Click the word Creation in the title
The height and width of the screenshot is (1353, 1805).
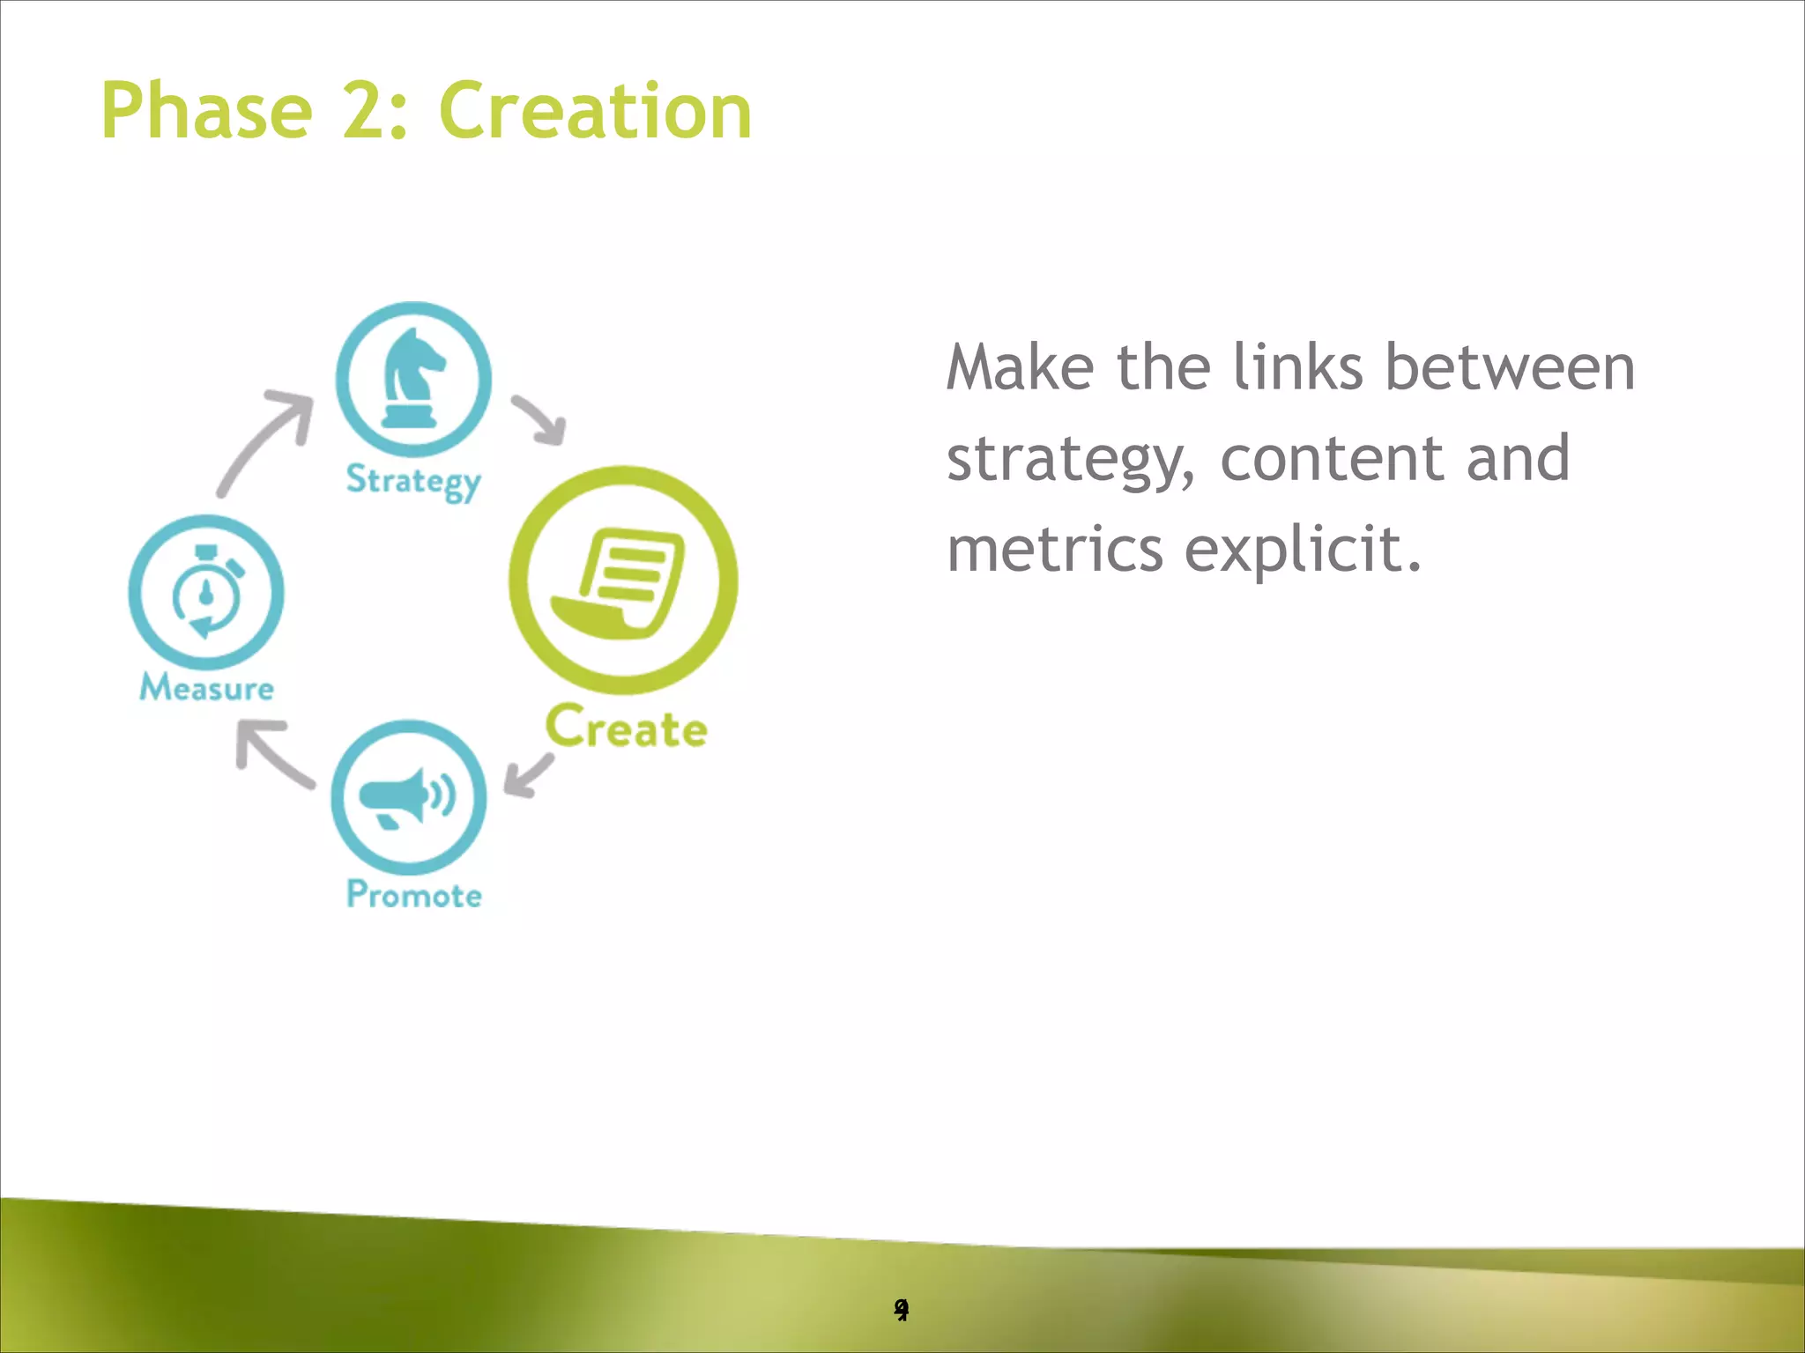(x=595, y=111)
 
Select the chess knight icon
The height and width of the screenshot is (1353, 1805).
(x=413, y=379)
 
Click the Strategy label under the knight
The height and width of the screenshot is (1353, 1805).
(x=413, y=481)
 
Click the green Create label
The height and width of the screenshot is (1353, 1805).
(x=626, y=728)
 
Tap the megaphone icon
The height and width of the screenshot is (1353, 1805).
(x=408, y=796)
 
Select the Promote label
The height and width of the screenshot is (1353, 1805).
(x=413, y=895)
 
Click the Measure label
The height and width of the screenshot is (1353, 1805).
(x=206, y=688)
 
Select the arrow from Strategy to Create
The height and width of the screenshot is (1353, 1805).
(x=540, y=420)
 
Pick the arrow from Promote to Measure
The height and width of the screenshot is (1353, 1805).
(x=271, y=754)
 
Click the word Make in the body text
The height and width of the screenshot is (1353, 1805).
(x=1020, y=367)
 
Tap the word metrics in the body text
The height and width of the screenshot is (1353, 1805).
(x=1055, y=549)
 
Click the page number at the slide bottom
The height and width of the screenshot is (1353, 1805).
(x=901, y=1310)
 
